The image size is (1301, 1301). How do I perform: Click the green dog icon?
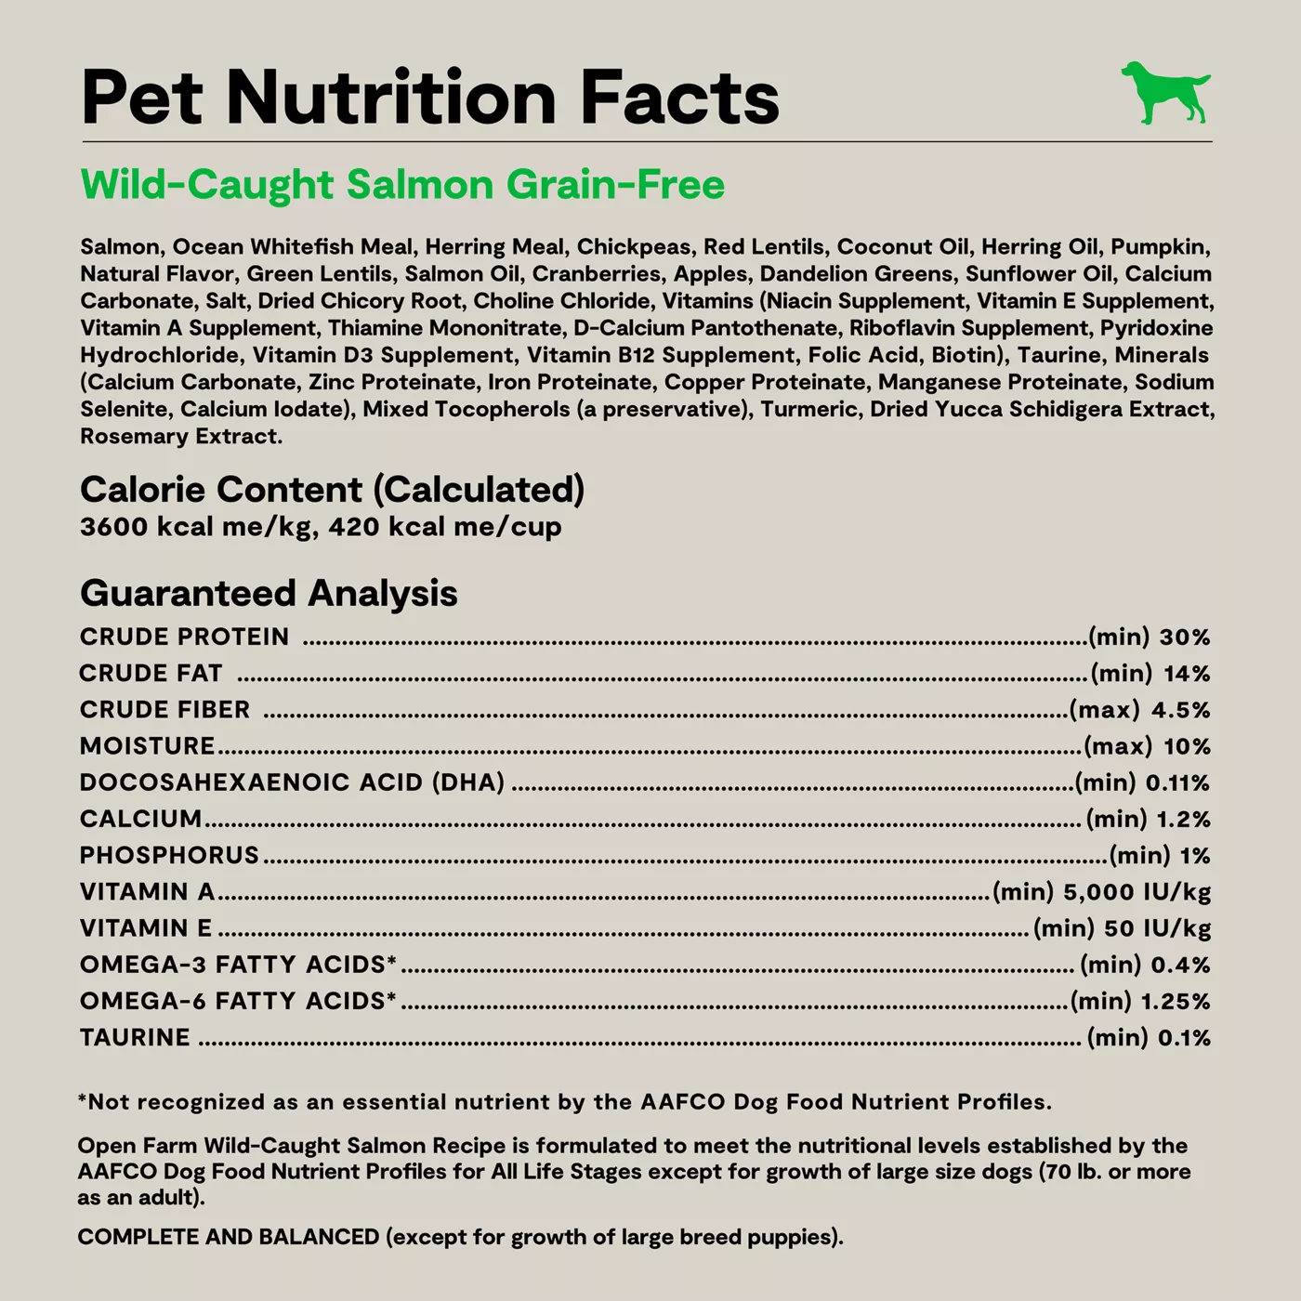(x=1166, y=93)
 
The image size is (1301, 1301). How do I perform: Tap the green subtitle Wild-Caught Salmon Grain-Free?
(x=402, y=184)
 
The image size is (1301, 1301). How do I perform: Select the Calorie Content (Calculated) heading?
(x=332, y=490)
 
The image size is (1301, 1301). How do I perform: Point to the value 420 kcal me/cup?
(x=445, y=527)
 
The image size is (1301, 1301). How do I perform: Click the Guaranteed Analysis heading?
(x=269, y=594)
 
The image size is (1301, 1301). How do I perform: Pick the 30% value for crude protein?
(x=1185, y=637)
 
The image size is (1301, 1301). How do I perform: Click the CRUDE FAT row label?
(x=151, y=673)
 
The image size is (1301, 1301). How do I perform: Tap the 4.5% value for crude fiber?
(x=1181, y=710)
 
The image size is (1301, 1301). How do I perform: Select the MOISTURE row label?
(x=147, y=746)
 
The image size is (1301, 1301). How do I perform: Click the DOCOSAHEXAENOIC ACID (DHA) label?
(x=293, y=782)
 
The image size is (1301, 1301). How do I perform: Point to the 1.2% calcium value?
(x=1184, y=819)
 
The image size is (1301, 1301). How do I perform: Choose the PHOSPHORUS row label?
(x=169, y=855)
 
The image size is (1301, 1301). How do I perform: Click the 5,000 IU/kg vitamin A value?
(x=1137, y=892)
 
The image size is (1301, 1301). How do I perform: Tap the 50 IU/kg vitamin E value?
(x=1157, y=928)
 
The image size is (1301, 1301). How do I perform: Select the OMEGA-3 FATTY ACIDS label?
(x=238, y=965)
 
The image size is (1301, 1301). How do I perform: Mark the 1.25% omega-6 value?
(x=1176, y=1001)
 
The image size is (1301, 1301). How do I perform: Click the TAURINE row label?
(x=135, y=1038)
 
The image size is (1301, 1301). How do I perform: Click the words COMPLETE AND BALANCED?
(x=229, y=1237)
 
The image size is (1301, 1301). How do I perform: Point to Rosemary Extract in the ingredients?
(x=181, y=436)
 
